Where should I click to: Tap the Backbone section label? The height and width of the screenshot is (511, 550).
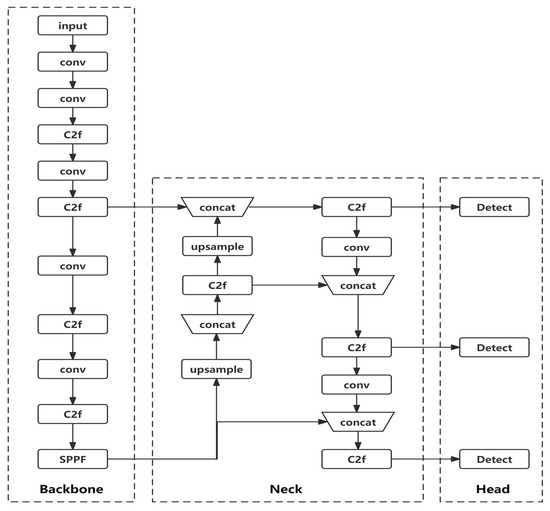[x=71, y=489]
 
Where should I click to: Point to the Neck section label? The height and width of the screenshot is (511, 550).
[x=287, y=489]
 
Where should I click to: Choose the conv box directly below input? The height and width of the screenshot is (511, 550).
[x=71, y=62]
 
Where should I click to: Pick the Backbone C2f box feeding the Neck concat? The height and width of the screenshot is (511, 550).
[x=71, y=207]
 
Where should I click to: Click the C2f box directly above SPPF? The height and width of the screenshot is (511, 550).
[x=71, y=412]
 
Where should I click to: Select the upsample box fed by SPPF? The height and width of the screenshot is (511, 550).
[x=216, y=370]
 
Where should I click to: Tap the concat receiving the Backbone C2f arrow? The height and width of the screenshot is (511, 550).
[x=216, y=207]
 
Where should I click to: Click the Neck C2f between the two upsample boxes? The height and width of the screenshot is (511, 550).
[x=216, y=286]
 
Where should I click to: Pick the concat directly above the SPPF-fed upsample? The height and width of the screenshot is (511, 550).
[x=216, y=324]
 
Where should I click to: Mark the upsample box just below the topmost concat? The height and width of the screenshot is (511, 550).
[x=216, y=246]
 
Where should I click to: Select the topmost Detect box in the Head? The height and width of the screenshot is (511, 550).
[x=487, y=207]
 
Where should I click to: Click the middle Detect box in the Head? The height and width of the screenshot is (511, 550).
[x=487, y=348]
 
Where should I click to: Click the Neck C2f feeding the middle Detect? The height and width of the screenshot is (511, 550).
[x=356, y=348]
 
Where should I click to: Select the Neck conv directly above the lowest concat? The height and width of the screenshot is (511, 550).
[x=356, y=385]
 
